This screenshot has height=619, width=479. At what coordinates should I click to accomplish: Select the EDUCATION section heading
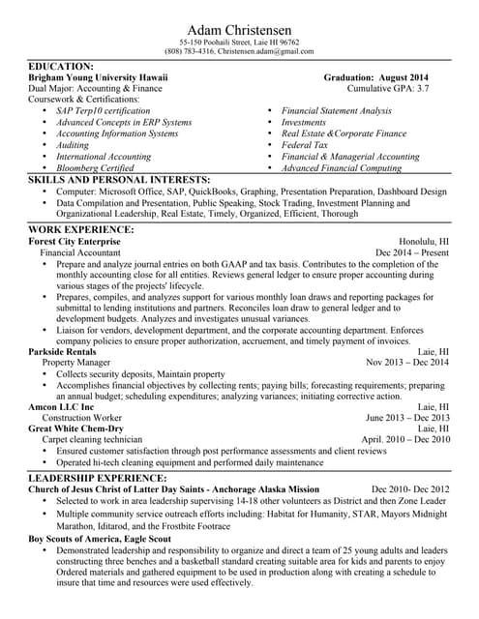point(61,66)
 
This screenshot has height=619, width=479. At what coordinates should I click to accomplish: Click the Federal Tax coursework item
point(308,144)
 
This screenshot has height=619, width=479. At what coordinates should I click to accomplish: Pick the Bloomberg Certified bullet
point(95,166)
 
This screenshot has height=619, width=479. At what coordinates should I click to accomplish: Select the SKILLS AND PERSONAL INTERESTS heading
point(119,180)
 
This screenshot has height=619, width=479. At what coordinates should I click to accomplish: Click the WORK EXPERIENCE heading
point(81,229)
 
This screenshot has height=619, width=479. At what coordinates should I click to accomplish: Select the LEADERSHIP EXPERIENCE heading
point(105,478)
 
